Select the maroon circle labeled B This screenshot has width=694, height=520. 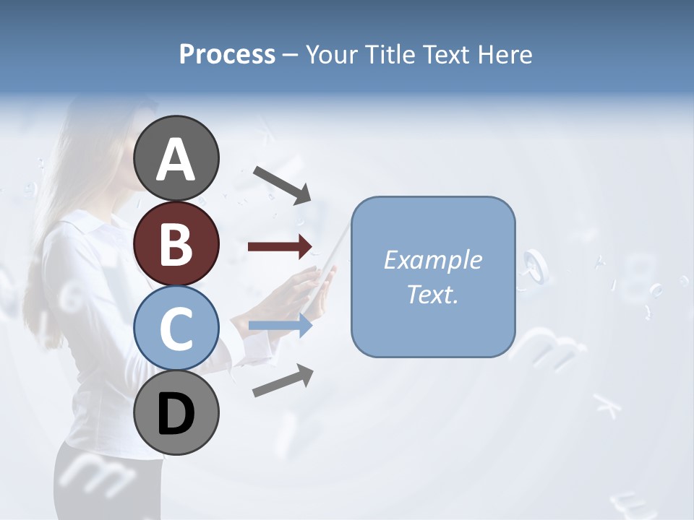[176, 243]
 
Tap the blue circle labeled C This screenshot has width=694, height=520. [176, 328]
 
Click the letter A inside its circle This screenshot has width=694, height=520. [176, 160]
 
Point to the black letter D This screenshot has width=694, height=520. [176, 414]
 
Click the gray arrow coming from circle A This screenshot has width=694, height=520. [282, 185]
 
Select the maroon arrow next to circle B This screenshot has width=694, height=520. [280, 247]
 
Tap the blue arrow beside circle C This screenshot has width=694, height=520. [280, 326]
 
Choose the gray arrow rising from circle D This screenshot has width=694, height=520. [283, 381]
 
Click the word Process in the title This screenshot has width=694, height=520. [227, 54]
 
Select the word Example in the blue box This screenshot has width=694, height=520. [432, 260]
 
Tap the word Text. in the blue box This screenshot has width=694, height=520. [432, 294]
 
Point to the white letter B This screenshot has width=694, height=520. [176, 245]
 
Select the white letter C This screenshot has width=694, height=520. [176, 329]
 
